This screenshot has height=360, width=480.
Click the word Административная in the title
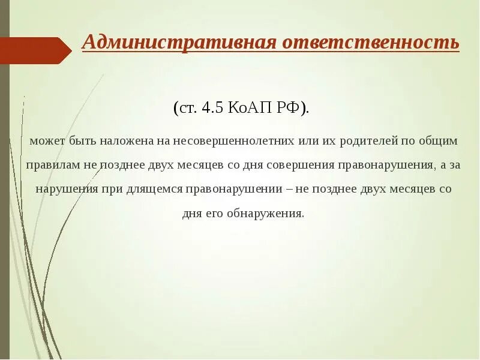(x=178, y=43)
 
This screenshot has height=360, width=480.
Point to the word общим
(x=440, y=141)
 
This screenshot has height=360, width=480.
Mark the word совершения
(x=304, y=165)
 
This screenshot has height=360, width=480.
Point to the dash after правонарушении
(x=290, y=189)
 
